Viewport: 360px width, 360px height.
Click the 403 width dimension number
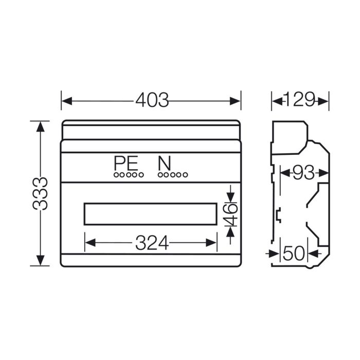coord(152,100)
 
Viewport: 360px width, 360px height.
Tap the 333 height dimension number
coord(40,193)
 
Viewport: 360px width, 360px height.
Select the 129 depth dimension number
coord(300,99)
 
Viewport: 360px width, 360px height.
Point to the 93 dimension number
coord(303,173)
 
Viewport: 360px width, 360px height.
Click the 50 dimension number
coord(294,253)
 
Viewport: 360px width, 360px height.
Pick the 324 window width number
coord(152,243)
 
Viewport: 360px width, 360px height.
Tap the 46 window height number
coord(231,214)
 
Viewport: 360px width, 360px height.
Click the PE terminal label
coord(126,163)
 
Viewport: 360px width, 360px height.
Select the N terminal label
coord(165,163)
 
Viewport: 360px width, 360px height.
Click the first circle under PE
coord(116,175)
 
